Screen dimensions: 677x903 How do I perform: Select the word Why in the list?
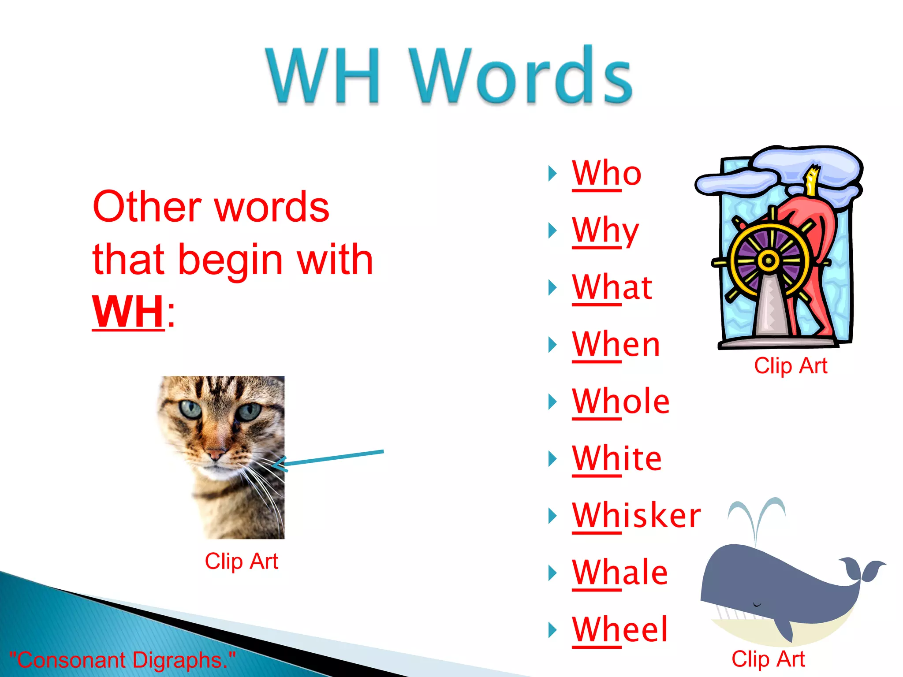pyautogui.click(x=605, y=231)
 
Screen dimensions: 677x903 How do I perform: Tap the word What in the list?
pyautogui.click(x=612, y=287)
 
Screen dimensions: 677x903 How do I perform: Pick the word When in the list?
pyautogui.click(x=616, y=345)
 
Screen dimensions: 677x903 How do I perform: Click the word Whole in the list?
pyautogui.click(x=620, y=402)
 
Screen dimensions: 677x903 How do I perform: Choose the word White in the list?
pyautogui.click(x=616, y=459)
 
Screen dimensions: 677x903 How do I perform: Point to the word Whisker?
pyautogui.click(x=636, y=516)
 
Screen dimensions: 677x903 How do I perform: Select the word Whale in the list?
pyautogui.click(x=619, y=573)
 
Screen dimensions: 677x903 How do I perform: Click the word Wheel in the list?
pyautogui.click(x=619, y=630)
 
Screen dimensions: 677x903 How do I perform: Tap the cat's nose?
pyautogui.click(x=216, y=454)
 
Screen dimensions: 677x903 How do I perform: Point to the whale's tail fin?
pyautogui.click(x=862, y=569)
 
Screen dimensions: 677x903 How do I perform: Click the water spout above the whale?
pyautogui.click(x=756, y=513)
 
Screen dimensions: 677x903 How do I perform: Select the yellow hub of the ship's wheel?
pyautogui.click(x=768, y=260)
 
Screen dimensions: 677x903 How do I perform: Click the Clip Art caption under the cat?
pyautogui.click(x=241, y=561)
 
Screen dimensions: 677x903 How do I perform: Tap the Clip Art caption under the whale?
pyautogui.click(x=768, y=659)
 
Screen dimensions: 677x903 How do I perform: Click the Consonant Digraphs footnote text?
pyautogui.click(x=122, y=660)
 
